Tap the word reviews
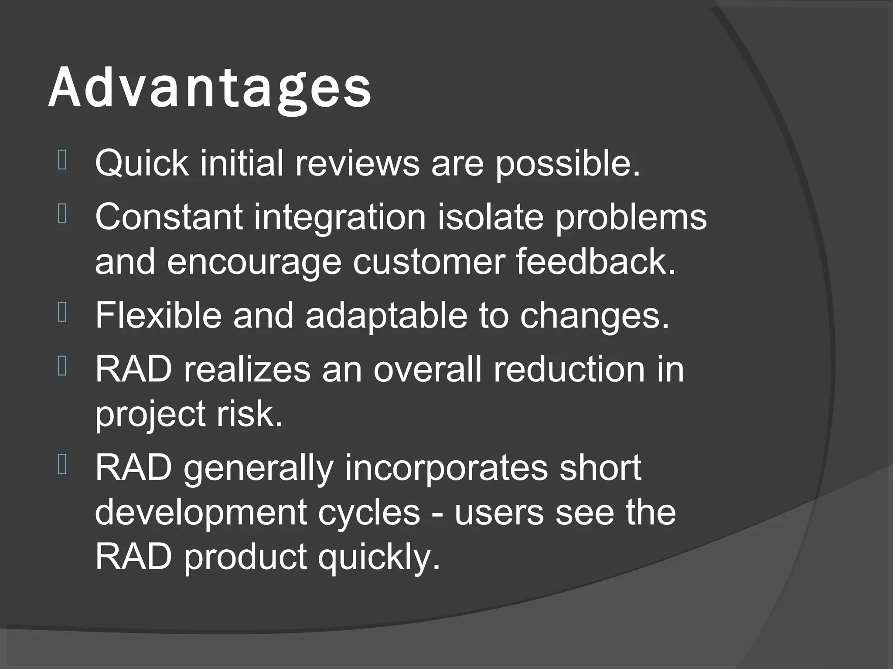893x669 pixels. [x=357, y=163]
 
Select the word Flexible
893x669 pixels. [x=158, y=314]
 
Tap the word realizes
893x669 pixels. [x=246, y=369]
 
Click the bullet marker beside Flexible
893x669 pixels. [x=61, y=313]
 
